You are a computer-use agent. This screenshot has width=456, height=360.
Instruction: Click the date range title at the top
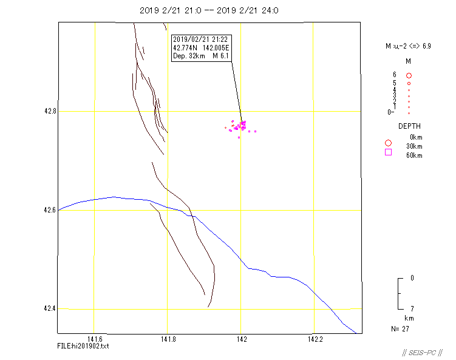[x=214, y=10]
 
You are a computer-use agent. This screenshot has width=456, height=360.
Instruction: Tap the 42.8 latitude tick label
[x=49, y=112]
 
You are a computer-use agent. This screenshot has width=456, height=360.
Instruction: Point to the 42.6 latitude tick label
[x=49, y=210]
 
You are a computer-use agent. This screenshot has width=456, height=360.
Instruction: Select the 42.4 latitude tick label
[x=49, y=308]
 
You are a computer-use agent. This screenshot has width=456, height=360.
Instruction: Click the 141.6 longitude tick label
[x=95, y=339]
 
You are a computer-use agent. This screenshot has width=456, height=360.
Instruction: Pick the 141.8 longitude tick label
[x=168, y=339]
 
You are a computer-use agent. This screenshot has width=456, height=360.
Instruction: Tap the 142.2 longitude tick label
[x=314, y=339]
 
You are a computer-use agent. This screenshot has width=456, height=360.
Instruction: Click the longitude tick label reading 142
[x=241, y=339]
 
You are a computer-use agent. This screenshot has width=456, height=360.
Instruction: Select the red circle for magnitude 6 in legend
[x=409, y=75]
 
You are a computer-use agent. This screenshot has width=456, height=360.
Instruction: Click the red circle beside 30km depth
[x=389, y=143]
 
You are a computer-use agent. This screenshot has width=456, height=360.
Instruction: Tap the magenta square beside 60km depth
[x=389, y=152]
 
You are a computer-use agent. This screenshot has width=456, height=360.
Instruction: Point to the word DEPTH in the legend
[x=409, y=126]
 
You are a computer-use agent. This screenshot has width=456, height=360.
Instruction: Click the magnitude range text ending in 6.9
[x=408, y=46]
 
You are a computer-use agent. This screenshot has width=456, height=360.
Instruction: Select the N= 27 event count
[x=400, y=328]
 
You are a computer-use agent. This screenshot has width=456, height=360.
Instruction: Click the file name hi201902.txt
[x=83, y=346]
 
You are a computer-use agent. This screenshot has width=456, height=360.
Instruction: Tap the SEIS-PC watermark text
[x=423, y=353]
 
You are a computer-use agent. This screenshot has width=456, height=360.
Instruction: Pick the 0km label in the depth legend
[x=416, y=137]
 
